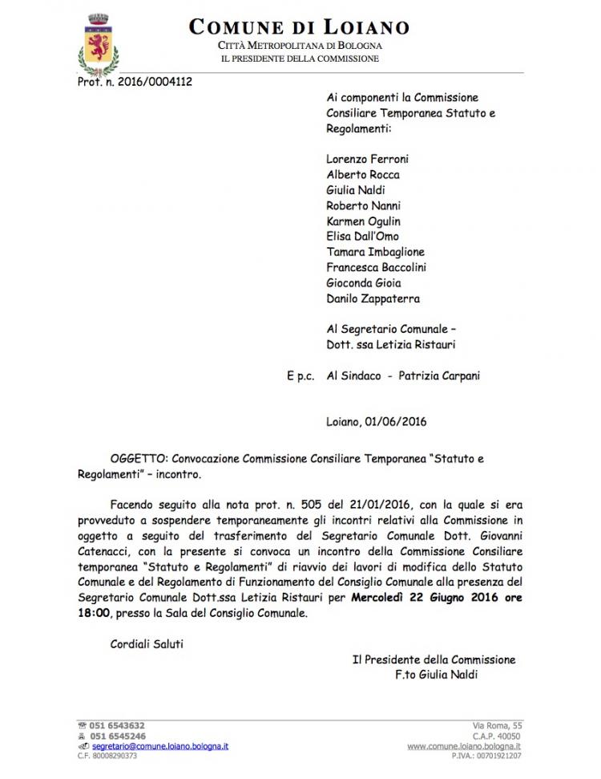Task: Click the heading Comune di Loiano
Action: (299, 27)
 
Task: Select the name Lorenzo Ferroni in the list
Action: (368, 159)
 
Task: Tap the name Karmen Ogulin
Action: (364, 221)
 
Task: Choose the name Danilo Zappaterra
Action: (373, 298)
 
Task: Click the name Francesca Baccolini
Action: (377, 267)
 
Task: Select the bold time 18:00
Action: (126, 615)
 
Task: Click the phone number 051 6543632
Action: (117, 725)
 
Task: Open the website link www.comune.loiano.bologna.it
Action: (464, 745)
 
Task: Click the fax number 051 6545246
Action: (117, 736)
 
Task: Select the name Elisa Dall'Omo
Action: (362, 237)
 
